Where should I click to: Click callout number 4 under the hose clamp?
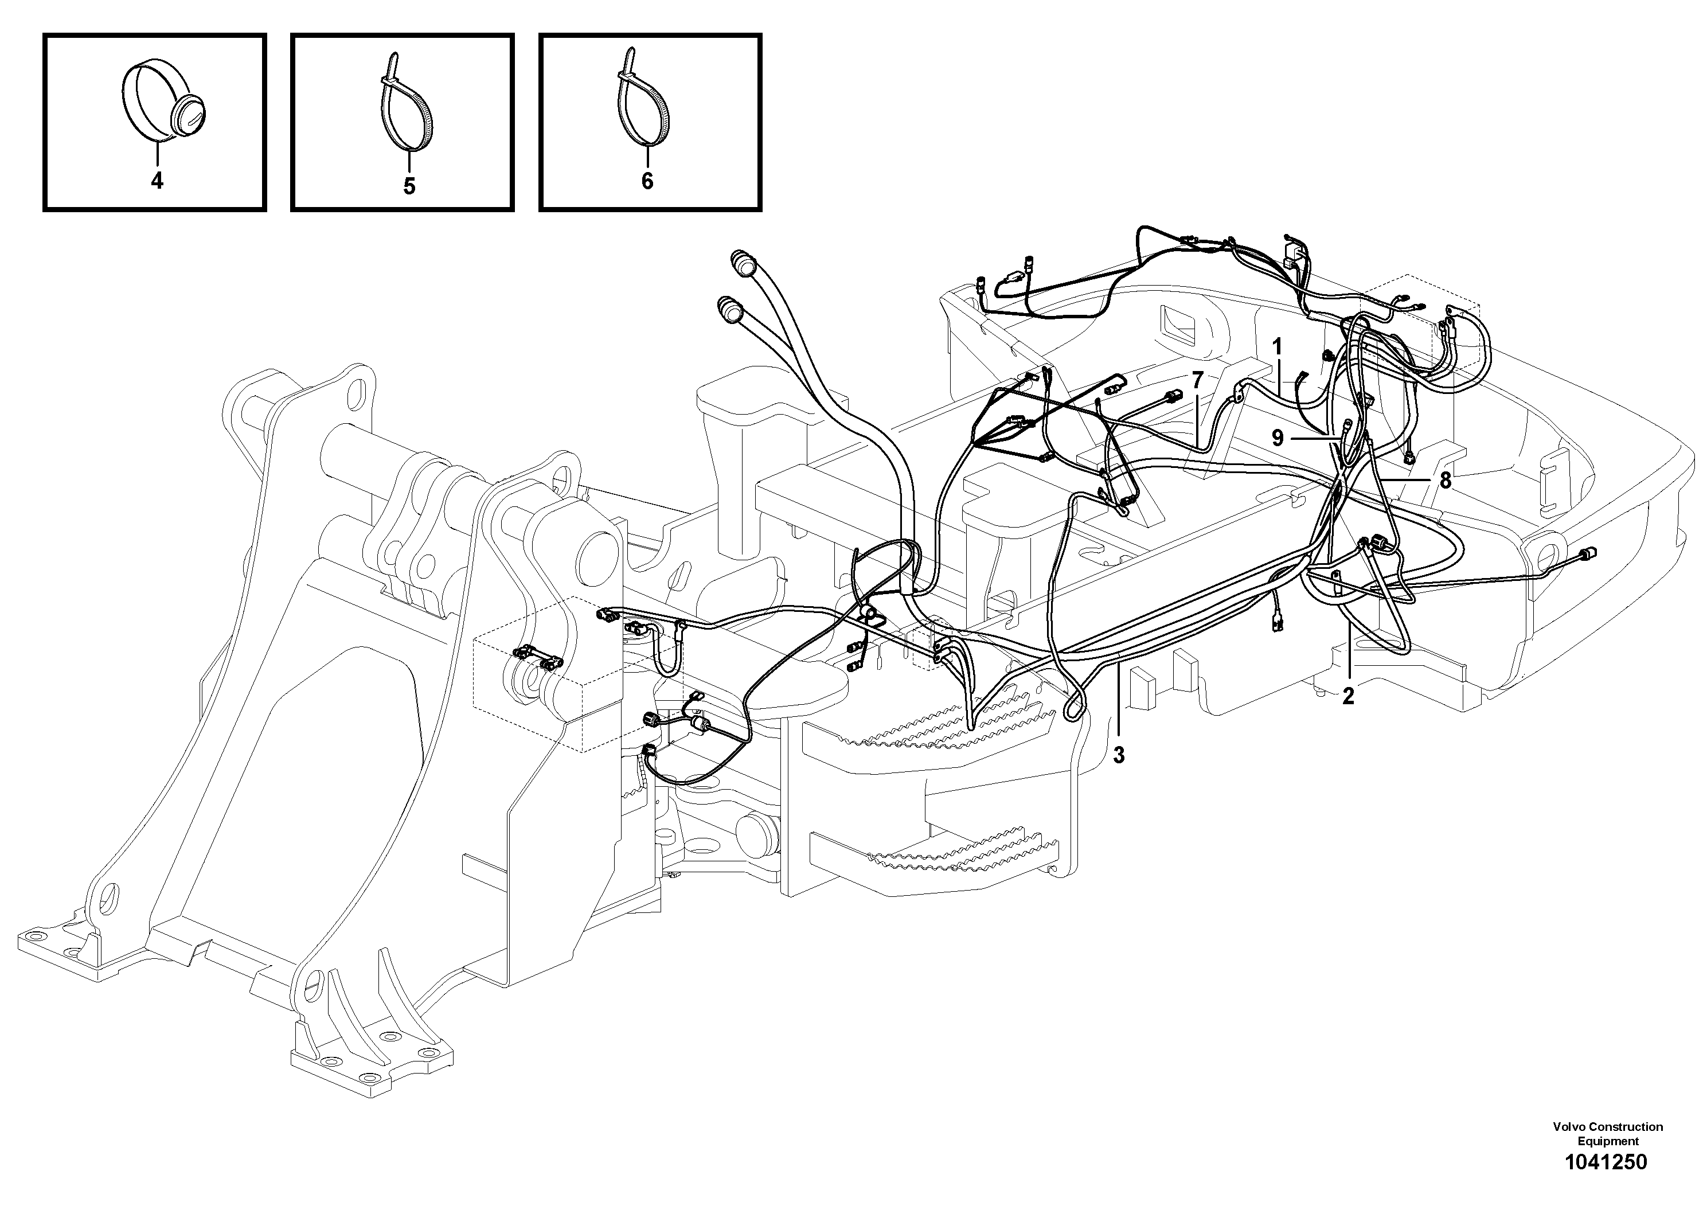pos(157,181)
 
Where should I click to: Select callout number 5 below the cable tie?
pos(409,186)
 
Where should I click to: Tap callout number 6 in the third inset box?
pos(647,181)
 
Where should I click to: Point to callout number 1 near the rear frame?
pos(1278,346)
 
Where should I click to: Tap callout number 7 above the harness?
pos(1197,381)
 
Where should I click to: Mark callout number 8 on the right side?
pos(1444,481)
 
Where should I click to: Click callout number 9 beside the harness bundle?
pos(1278,439)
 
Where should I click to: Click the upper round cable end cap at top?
pos(743,263)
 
